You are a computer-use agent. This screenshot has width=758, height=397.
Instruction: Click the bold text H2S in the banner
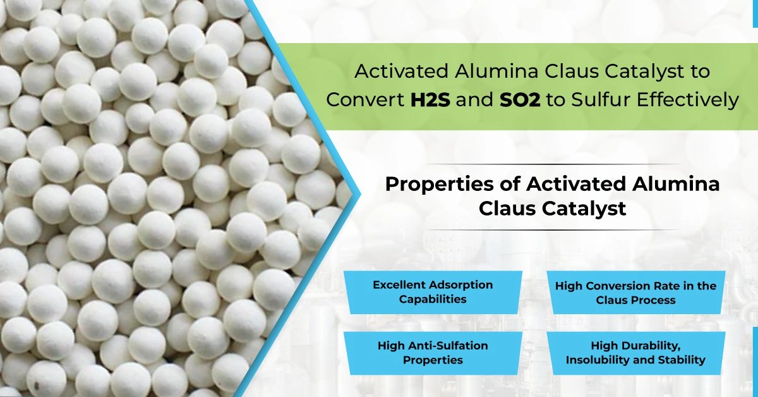tap(430, 100)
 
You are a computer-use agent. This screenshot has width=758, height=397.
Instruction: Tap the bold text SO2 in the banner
tap(520, 100)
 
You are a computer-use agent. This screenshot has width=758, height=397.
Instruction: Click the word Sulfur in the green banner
tap(601, 100)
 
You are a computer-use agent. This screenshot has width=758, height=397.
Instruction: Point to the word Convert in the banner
tap(366, 100)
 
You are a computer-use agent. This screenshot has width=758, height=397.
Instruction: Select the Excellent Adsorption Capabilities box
tap(433, 292)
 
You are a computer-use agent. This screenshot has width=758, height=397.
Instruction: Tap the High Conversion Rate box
tap(636, 292)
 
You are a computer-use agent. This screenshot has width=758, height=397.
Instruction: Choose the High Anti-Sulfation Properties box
tap(433, 353)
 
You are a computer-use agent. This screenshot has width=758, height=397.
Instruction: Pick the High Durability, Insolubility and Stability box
tap(636, 353)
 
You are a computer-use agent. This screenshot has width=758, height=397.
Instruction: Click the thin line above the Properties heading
tap(552, 164)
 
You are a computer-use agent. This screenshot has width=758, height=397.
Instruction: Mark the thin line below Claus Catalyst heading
tap(552, 230)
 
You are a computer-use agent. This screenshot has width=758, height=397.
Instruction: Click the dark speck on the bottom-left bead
tap(37, 386)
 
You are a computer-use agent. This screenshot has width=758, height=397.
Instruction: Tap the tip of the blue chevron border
tap(361, 194)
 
